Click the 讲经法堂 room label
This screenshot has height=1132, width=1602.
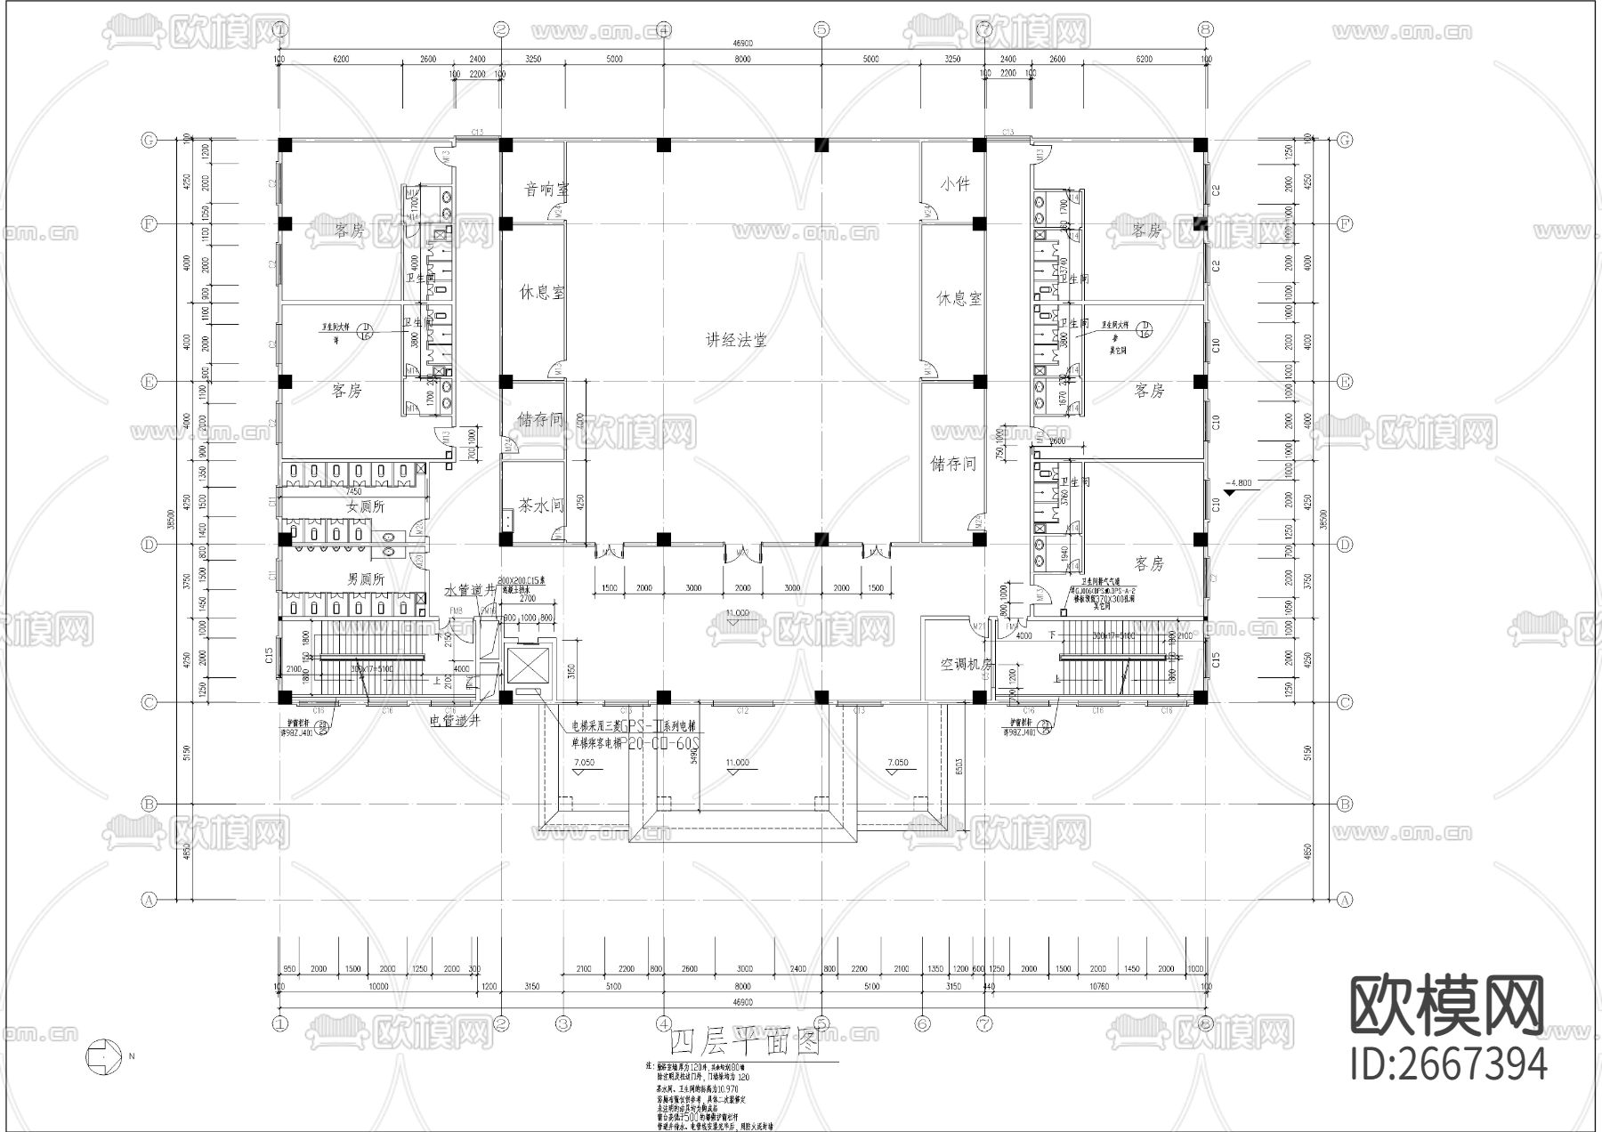click(736, 340)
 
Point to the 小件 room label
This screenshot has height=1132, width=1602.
click(954, 184)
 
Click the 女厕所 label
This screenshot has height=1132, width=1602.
click(365, 506)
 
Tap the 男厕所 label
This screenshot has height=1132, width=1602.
click(365, 579)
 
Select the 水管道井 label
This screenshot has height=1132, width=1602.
click(470, 590)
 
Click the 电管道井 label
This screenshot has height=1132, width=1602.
click(455, 719)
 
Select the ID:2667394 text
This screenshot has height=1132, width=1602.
click(1448, 1064)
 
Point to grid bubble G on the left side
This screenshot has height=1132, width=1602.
click(150, 141)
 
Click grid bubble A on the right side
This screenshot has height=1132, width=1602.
click(1345, 900)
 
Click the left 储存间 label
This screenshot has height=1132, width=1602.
click(541, 419)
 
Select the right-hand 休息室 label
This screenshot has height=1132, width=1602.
click(959, 299)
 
